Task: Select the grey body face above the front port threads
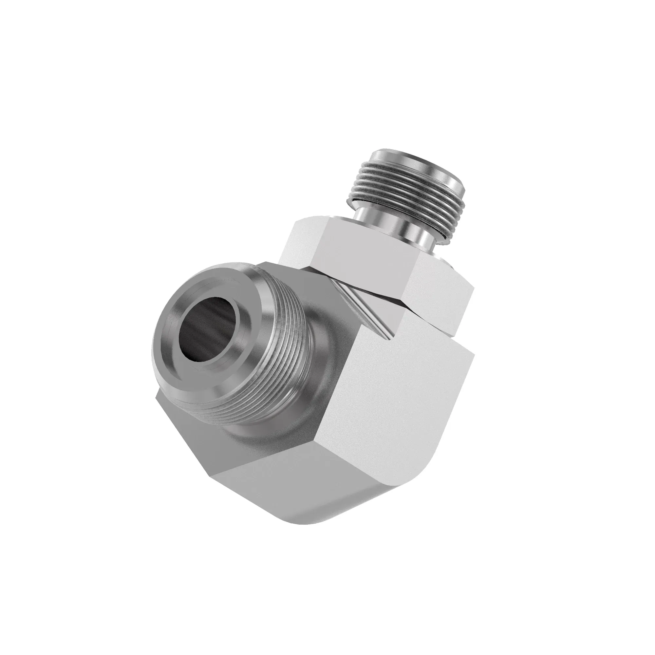point(305,275)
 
